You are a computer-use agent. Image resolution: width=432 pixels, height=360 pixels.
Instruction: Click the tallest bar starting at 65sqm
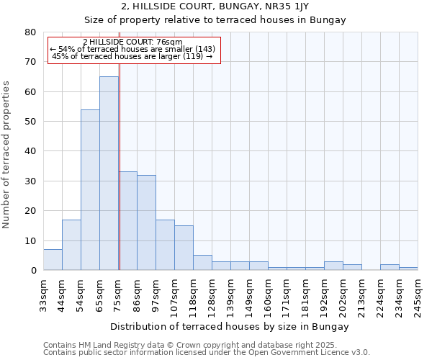pyautogui.click(x=109, y=173)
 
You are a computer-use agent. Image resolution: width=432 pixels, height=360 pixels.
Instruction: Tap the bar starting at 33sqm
pyautogui.click(x=53, y=260)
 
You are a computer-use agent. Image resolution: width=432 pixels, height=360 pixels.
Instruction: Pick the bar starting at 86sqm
pyautogui.click(x=146, y=222)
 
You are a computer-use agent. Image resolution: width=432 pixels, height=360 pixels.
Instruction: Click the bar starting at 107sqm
pyautogui.click(x=184, y=248)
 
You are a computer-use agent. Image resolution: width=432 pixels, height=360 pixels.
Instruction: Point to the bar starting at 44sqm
pyautogui.click(x=71, y=245)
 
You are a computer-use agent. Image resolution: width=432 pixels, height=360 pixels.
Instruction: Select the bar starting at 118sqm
pyautogui.click(x=202, y=263)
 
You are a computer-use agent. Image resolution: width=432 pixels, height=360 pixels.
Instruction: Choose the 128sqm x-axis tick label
pyautogui.click(x=212, y=297)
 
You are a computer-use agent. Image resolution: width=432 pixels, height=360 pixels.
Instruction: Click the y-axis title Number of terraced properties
pyautogui.click(x=7, y=154)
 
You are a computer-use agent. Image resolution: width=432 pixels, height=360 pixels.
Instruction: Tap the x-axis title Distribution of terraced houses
pyautogui.click(x=230, y=326)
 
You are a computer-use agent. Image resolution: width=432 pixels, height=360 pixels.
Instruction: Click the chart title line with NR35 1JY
pyautogui.click(x=215, y=6)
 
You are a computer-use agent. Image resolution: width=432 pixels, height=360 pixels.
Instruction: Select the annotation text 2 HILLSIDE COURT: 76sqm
pyautogui.click(x=133, y=42)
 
